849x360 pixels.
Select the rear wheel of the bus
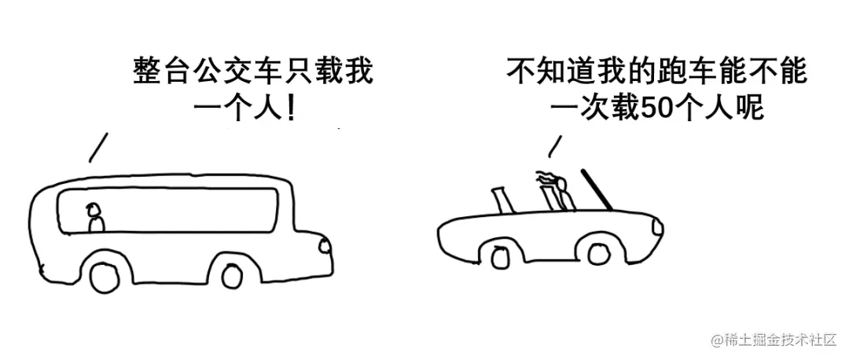pyautogui.click(x=105, y=276)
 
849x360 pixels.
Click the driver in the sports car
pyautogui.click(x=559, y=192)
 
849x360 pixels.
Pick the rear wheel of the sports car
pyautogui.click(x=500, y=256)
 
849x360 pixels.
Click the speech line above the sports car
pyautogui.click(x=554, y=145)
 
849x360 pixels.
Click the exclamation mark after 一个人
pyautogui.click(x=292, y=108)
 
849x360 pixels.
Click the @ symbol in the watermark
pyautogui.click(x=717, y=340)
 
